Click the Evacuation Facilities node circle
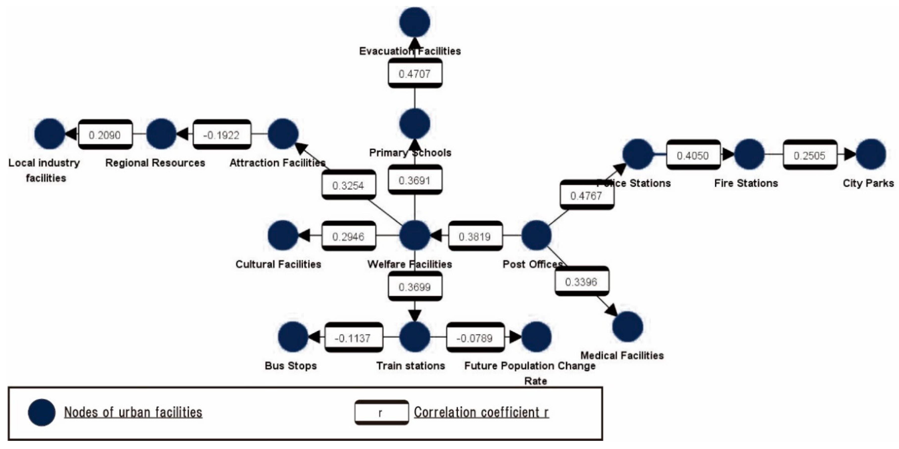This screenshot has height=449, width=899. pyautogui.click(x=415, y=22)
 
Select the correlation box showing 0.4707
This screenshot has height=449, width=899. pyautogui.click(x=415, y=74)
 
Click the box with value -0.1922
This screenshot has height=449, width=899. pyautogui.click(x=222, y=135)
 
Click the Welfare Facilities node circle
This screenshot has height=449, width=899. pyautogui.click(x=415, y=235)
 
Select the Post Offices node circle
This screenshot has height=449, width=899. pyautogui.click(x=536, y=235)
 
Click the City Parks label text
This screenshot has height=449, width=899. pyautogui.click(x=868, y=183)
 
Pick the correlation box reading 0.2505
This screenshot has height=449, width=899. pyautogui.click(x=810, y=155)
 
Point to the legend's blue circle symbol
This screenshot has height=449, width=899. pyautogui.click(x=42, y=413)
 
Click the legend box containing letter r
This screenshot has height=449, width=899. pyautogui.click(x=382, y=413)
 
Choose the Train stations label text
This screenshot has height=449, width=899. pyautogui.click(x=411, y=366)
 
